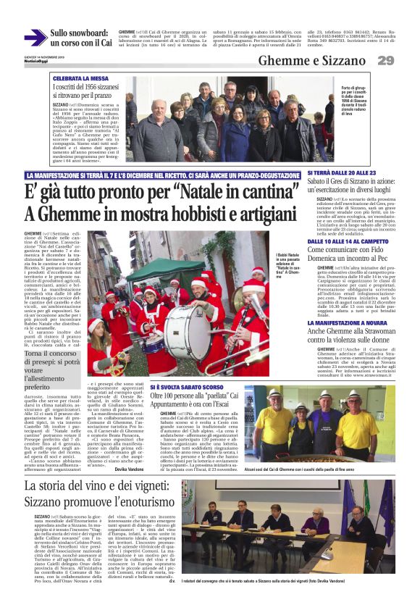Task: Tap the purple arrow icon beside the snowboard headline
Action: point(35,38)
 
